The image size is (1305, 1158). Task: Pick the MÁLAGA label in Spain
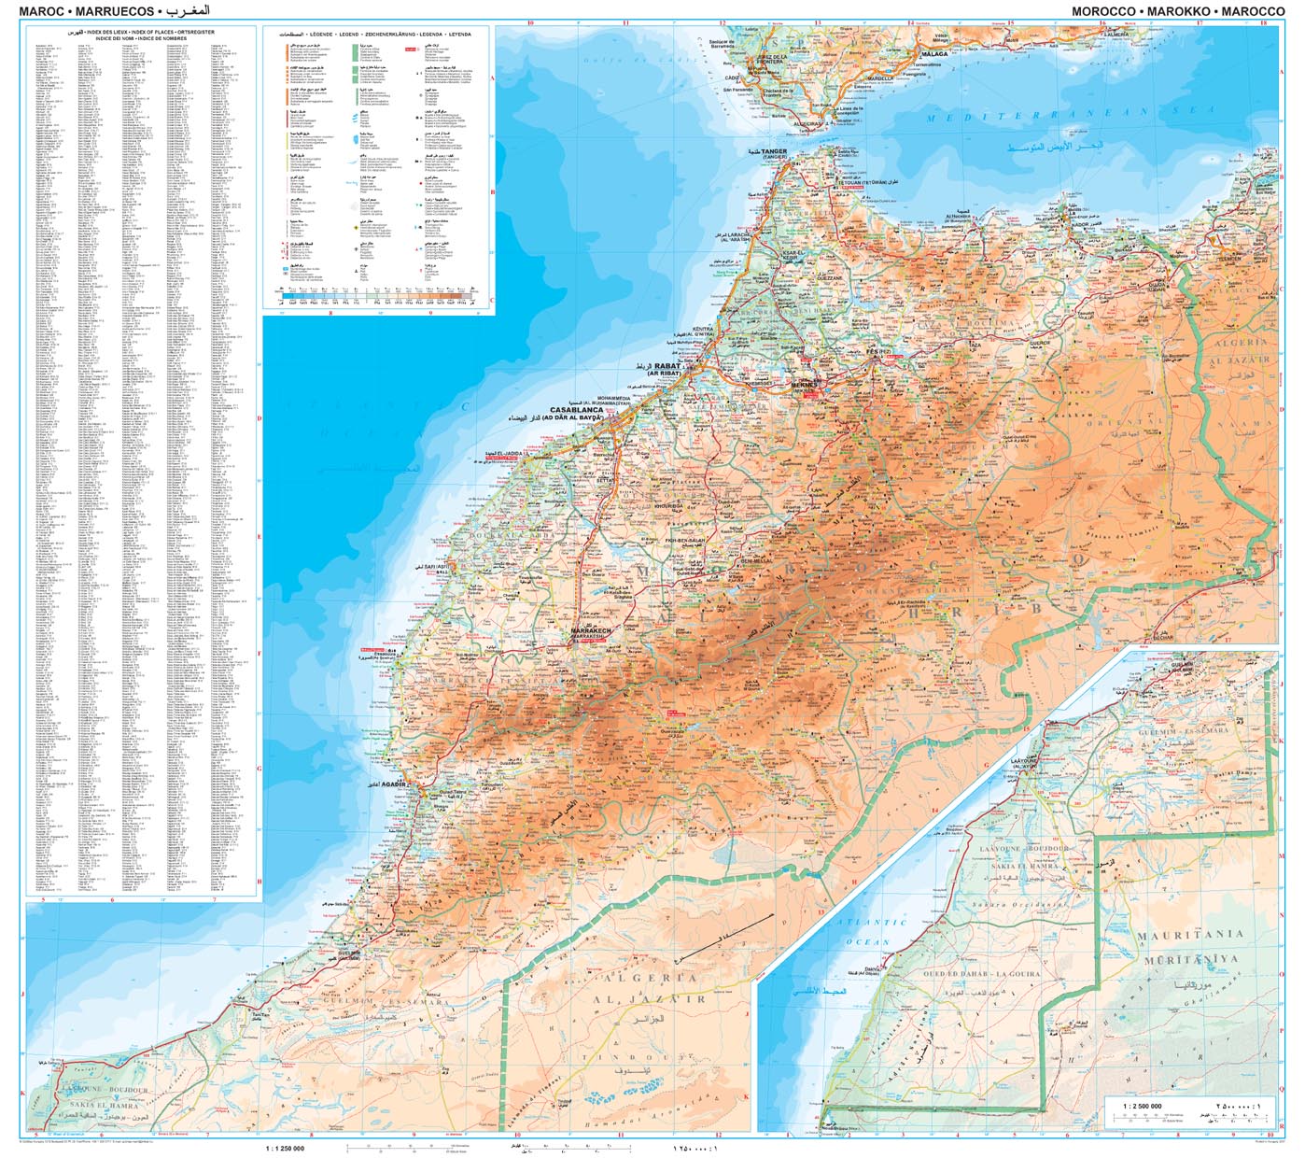click(x=934, y=54)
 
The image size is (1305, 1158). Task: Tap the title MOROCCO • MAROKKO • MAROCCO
click(x=1178, y=11)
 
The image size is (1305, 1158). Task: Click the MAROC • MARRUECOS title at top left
click(x=87, y=11)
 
